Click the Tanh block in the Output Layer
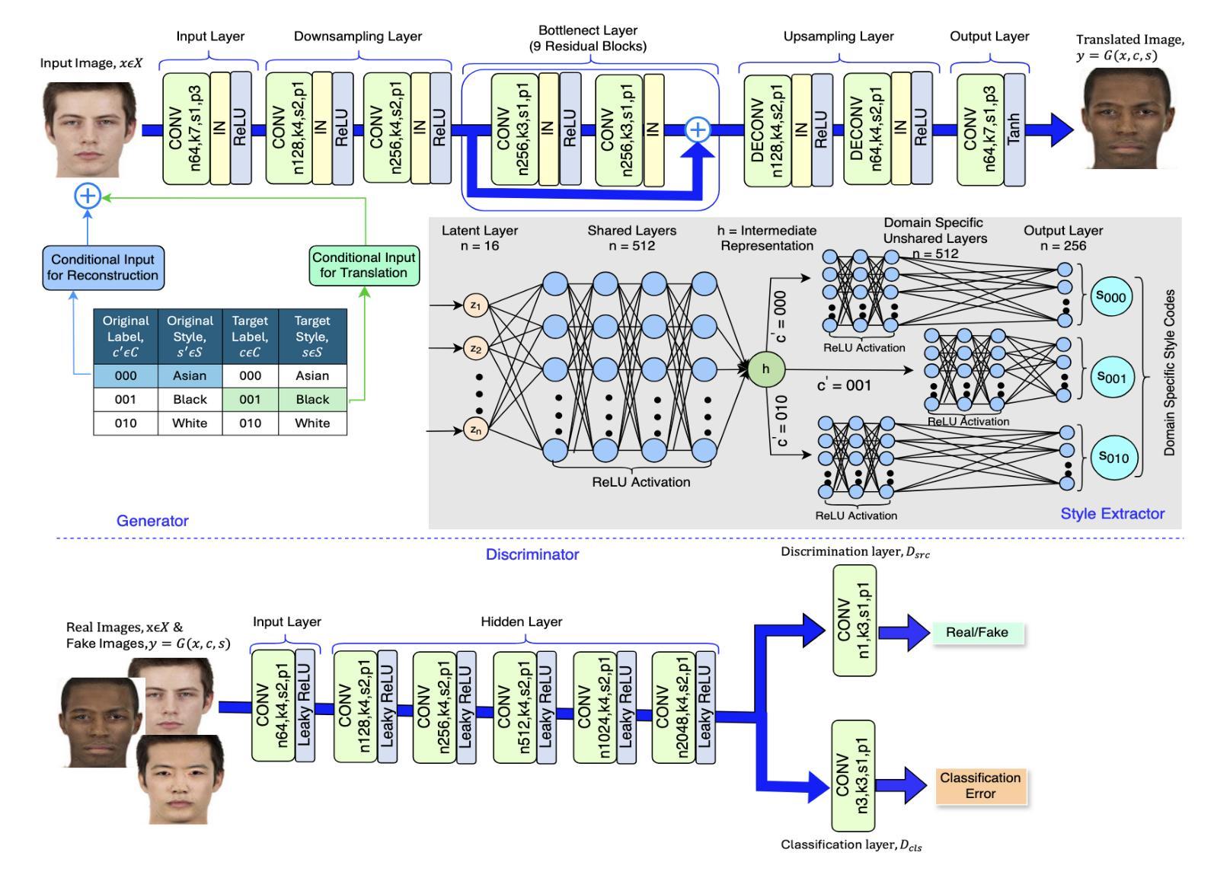[1014, 129]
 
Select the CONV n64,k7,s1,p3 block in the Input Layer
[186, 129]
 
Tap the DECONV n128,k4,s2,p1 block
[767, 130]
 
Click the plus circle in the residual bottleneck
[698, 129]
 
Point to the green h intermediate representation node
[765, 369]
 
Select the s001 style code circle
[1112, 377]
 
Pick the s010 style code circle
[1112, 457]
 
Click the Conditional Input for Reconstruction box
[103, 267]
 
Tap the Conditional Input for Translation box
[363, 265]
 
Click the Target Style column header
[312, 336]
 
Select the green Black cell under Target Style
[312, 399]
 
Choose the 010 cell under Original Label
[126, 423]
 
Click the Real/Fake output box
[976, 632]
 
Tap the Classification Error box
[980, 786]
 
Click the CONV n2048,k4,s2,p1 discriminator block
[673, 707]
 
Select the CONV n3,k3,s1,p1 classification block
[853, 776]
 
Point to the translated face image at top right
[1126, 118]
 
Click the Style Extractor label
[1112, 514]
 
